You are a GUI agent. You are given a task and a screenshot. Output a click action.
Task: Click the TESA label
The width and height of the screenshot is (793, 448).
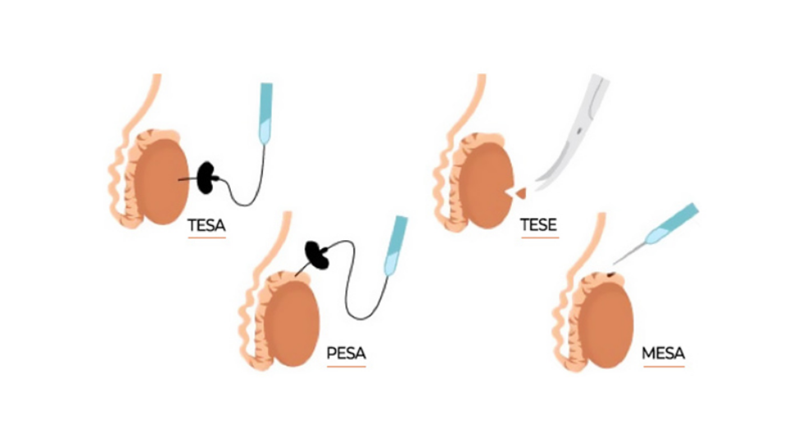tap(207, 224)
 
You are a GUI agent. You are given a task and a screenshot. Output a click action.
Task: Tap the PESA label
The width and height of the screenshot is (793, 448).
tap(346, 353)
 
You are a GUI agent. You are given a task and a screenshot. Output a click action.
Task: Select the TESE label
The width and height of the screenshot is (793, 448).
tap(538, 224)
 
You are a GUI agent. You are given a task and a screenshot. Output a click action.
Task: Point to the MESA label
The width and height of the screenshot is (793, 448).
tap(663, 353)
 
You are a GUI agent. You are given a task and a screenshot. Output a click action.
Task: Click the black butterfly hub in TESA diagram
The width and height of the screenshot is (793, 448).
tap(208, 178)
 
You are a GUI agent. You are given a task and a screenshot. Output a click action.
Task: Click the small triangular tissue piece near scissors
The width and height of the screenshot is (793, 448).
tap(519, 193)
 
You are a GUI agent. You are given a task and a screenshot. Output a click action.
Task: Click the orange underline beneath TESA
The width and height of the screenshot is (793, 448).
tap(207, 238)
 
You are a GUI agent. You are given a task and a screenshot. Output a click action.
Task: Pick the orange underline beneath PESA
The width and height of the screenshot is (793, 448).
tap(346, 367)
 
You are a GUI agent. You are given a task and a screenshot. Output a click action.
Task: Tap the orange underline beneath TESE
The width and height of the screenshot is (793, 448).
tap(538, 238)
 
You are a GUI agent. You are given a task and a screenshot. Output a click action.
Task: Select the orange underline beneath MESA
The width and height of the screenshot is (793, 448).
tap(663, 367)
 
